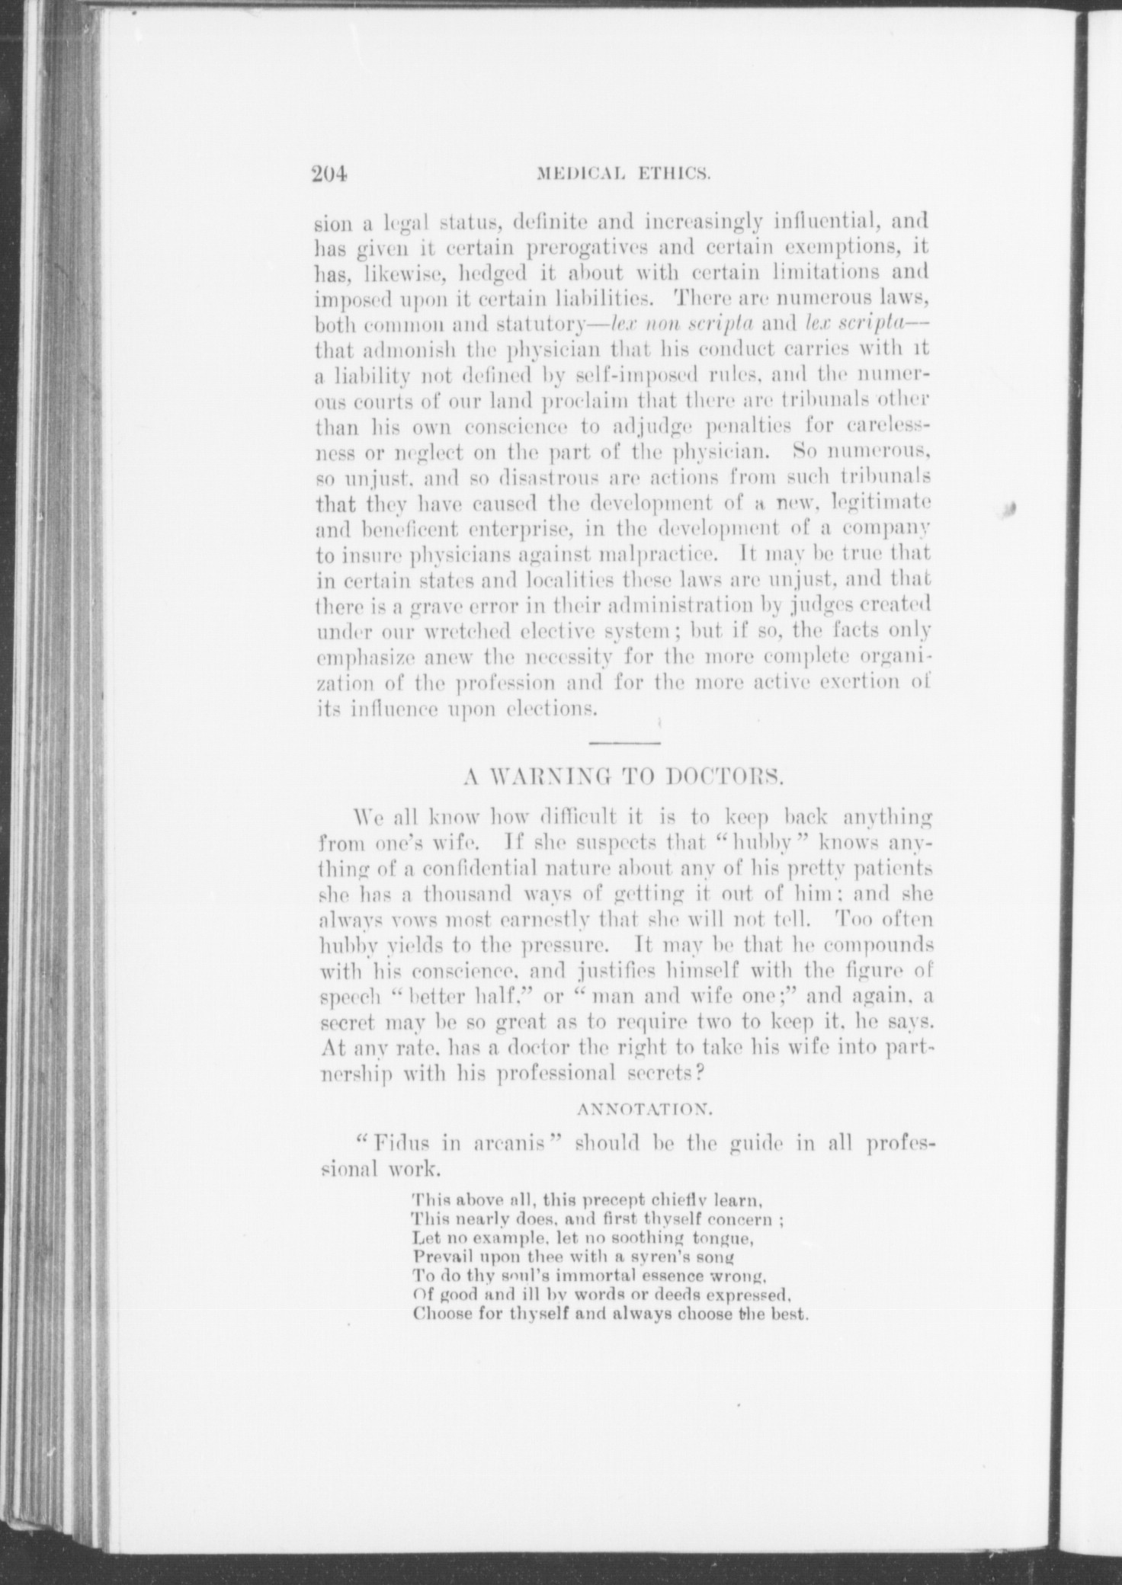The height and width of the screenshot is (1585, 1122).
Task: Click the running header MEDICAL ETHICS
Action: [x=624, y=175]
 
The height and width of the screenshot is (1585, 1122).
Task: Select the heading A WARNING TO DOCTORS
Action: [x=624, y=779]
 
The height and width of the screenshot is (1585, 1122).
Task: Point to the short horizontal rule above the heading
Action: [x=624, y=742]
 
